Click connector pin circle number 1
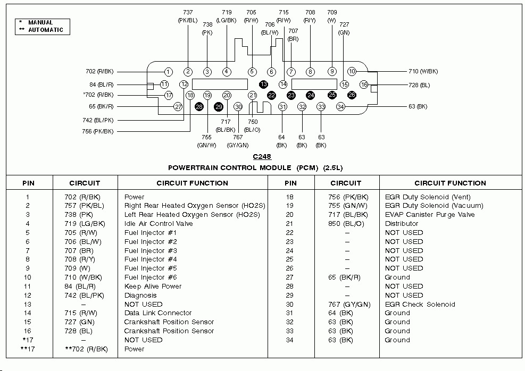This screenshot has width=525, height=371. (169, 72)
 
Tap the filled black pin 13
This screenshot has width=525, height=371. (264, 84)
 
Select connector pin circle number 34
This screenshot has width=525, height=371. (340, 107)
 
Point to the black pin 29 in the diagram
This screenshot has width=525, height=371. (219, 107)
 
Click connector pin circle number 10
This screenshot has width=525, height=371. (352, 71)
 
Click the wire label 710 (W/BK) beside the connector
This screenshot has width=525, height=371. (423, 71)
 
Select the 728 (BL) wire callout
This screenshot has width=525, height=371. (419, 85)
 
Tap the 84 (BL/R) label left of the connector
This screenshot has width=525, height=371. (102, 85)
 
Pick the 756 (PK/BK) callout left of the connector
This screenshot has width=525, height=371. (98, 131)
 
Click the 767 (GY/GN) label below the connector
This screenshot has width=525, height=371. (238, 141)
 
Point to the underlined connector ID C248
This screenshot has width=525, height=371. (262, 157)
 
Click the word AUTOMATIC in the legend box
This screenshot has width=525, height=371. (46, 30)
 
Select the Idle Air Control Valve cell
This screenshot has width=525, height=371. (159, 223)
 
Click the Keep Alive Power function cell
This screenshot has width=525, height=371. (153, 286)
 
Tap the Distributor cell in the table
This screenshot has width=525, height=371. (402, 223)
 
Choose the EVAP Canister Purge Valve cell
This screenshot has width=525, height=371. (430, 214)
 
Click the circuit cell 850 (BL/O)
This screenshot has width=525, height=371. (346, 223)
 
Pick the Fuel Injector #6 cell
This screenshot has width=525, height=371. (151, 277)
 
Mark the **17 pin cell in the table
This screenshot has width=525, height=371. (28, 349)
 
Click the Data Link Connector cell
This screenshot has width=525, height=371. (158, 313)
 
